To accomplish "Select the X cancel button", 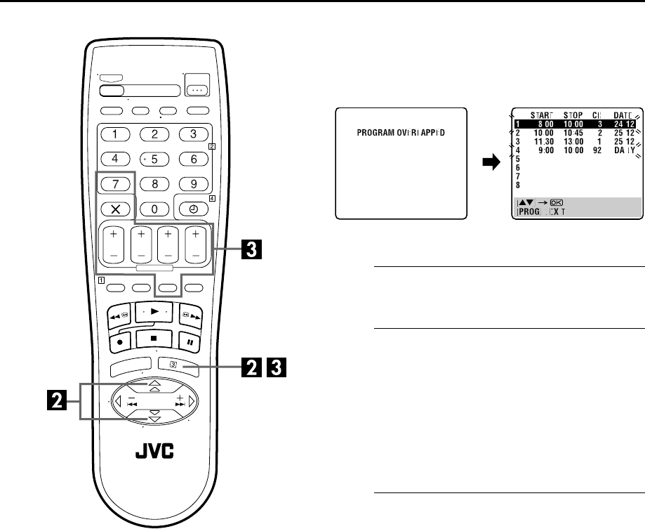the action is [x=115, y=209].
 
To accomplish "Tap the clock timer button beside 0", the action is [x=192, y=209].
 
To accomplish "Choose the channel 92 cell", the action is [x=598, y=149].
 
